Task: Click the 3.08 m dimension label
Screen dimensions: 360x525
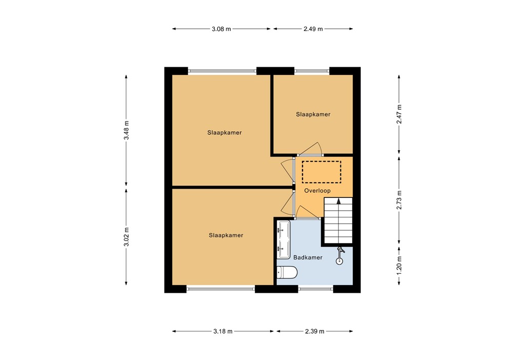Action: coord(221,29)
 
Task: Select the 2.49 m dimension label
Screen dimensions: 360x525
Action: coord(313,29)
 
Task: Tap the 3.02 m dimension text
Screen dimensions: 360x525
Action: coord(127,236)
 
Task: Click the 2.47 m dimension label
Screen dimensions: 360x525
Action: coord(400,114)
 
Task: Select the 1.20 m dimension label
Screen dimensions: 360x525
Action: coord(400,266)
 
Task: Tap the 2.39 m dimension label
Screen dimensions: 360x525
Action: coord(314,331)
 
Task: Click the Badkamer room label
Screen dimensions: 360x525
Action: coord(308,257)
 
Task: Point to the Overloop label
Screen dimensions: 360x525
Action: coord(318,191)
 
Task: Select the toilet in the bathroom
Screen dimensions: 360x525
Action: coord(287,273)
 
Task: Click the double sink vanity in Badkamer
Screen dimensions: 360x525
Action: coord(283,239)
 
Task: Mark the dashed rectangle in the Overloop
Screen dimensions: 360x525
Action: coord(321,171)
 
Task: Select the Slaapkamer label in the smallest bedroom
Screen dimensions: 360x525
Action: coord(313,114)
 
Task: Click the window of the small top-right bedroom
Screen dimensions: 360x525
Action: coord(312,71)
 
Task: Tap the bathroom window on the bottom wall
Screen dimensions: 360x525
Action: coord(315,289)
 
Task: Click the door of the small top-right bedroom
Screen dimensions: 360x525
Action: coord(311,149)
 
